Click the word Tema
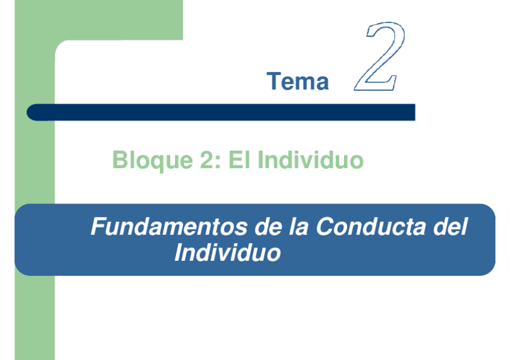pyautogui.click(x=298, y=82)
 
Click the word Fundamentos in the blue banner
pyautogui.click(x=164, y=228)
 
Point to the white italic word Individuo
pyautogui.click(x=227, y=253)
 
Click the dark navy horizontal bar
pyautogui.click(x=223, y=112)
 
